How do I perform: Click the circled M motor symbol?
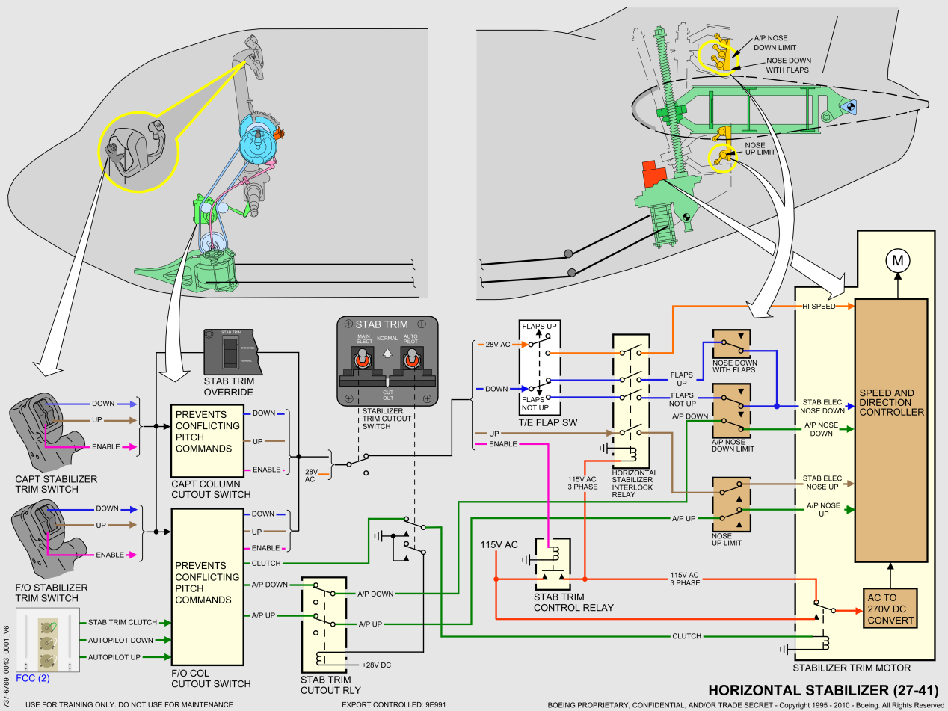pyautogui.click(x=896, y=260)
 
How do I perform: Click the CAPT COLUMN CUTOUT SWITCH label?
pyautogui.click(x=211, y=489)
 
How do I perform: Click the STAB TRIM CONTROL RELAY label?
pyautogui.click(x=573, y=602)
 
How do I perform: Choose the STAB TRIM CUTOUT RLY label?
pyautogui.click(x=325, y=685)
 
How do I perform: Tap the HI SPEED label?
pyautogui.click(x=818, y=306)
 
